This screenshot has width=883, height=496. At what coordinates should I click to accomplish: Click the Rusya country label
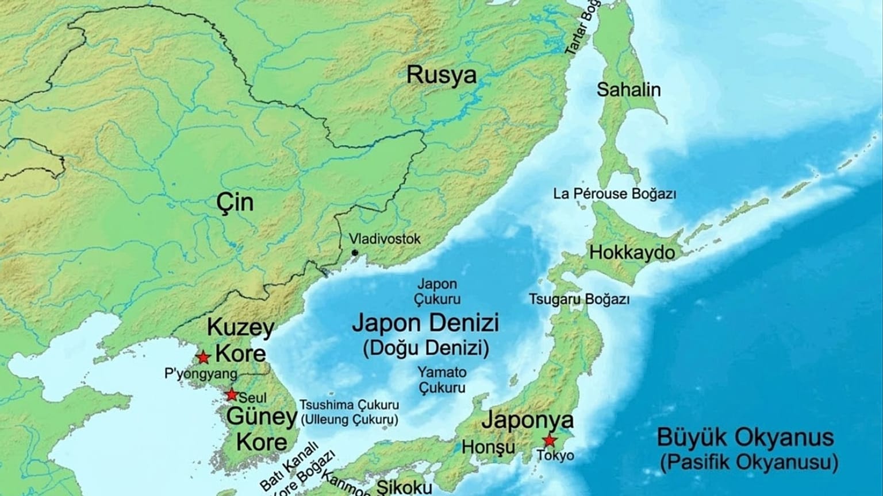pos(441,76)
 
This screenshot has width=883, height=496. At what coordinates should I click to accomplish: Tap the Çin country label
pos(235,203)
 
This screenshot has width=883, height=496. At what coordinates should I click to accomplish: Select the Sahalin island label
pos(628,90)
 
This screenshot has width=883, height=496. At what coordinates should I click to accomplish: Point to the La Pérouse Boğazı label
pos(615,193)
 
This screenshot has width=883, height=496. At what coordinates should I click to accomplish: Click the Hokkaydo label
pos(632,252)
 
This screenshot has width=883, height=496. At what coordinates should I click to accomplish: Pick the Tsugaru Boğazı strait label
pos(579,299)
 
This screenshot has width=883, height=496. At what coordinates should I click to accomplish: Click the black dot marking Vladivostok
pos(355,253)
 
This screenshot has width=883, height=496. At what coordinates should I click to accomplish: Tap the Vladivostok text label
pos(385,239)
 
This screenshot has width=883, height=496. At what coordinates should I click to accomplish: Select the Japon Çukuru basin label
pos(438,292)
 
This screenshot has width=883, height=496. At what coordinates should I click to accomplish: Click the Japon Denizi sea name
pos(425,323)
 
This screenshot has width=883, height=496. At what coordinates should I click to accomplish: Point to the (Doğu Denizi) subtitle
pos(426,348)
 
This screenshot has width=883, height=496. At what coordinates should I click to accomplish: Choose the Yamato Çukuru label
pos(441,380)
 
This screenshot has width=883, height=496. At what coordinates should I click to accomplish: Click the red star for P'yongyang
pos(202,357)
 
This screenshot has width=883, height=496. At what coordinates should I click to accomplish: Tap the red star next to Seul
pos(231,395)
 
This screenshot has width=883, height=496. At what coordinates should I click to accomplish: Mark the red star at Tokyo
pos(550,440)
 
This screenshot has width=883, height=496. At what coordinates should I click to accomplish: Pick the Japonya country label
pos(527,420)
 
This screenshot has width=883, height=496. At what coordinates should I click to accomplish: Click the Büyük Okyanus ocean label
pos(745,438)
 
